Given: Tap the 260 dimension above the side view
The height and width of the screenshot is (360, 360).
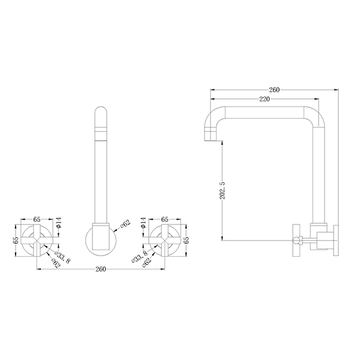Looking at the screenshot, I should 274,90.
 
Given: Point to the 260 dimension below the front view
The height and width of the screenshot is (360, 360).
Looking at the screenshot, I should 100,269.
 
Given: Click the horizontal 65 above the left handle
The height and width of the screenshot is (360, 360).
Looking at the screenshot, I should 37,220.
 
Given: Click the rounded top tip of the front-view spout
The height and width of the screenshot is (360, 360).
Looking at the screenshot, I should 100,113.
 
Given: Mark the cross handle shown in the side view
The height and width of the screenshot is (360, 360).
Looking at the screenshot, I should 296,239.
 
